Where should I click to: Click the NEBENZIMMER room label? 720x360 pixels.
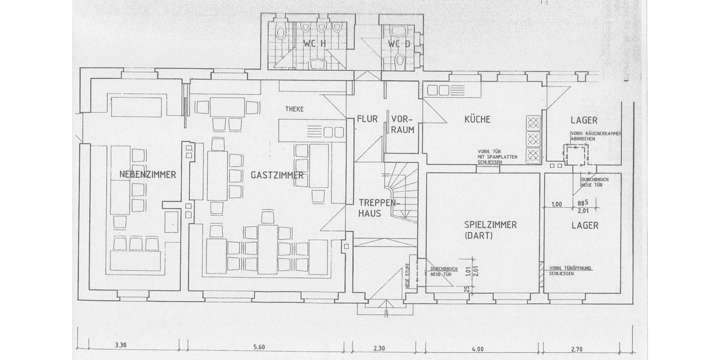pyautogui.click(x=148, y=175)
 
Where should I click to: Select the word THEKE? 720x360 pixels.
pyautogui.click(x=295, y=109)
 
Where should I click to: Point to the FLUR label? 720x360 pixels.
pyautogui.click(x=367, y=119)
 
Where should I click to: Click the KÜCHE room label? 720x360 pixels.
pyautogui.click(x=477, y=119)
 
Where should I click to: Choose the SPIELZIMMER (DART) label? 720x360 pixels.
pyautogui.click(x=490, y=230)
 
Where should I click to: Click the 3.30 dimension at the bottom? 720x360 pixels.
pyautogui.click(x=121, y=347)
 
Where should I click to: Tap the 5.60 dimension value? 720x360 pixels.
pyautogui.click(x=259, y=347)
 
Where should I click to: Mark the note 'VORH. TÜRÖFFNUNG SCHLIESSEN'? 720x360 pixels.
pyautogui.click(x=570, y=269)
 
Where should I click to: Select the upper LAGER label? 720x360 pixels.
pyautogui.click(x=584, y=120)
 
